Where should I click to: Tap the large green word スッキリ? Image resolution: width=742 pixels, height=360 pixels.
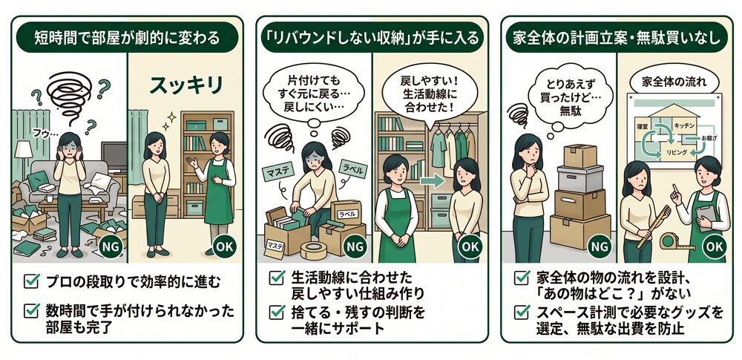[x=186, y=86]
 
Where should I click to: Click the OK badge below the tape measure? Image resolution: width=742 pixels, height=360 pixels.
[x=715, y=246]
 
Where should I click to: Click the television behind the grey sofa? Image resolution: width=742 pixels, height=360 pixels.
[x=114, y=157]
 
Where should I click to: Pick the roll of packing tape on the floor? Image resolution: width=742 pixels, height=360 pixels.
[x=314, y=251]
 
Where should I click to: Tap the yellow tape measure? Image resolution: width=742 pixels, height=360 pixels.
[x=677, y=241]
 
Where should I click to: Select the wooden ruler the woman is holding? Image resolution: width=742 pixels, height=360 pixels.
[x=654, y=226]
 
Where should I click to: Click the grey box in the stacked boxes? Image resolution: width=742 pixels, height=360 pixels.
[x=580, y=179]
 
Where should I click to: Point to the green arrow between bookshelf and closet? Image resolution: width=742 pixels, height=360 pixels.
[x=432, y=181]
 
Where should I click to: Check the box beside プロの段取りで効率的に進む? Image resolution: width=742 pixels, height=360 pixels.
[x=31, y=281]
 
